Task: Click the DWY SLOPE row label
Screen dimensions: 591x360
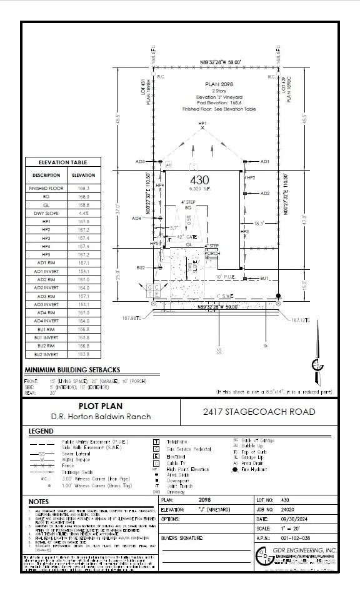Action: [x=47, y=213]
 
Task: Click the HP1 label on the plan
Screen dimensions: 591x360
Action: [x=202, y=124]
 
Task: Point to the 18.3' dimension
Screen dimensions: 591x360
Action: [x=259, y=222]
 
